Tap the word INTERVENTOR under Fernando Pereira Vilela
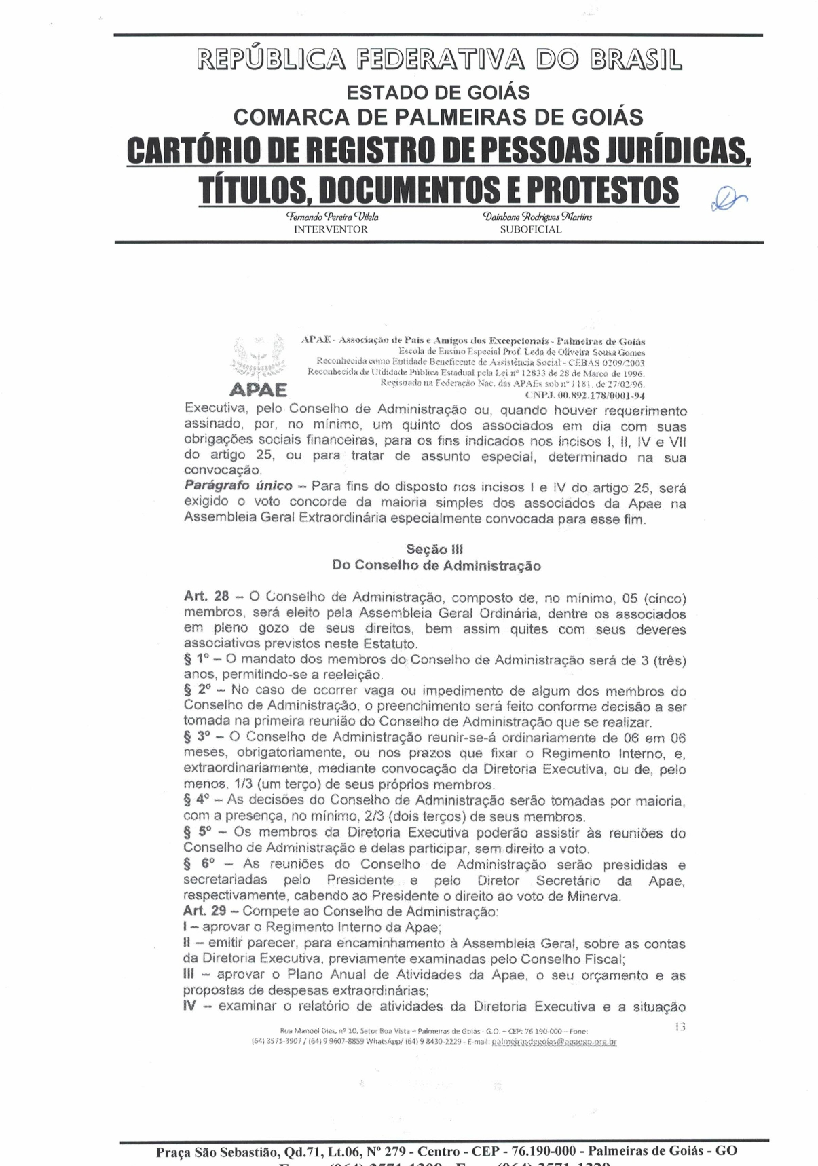331,229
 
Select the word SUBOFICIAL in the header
531,229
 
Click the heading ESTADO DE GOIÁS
438,92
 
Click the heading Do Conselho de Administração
436,565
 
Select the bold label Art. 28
206,597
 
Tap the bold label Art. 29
204,911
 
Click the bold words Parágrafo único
238,486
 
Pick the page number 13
680,1027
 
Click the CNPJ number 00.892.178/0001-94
584,395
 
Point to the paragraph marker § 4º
196,800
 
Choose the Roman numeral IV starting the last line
189,1006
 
